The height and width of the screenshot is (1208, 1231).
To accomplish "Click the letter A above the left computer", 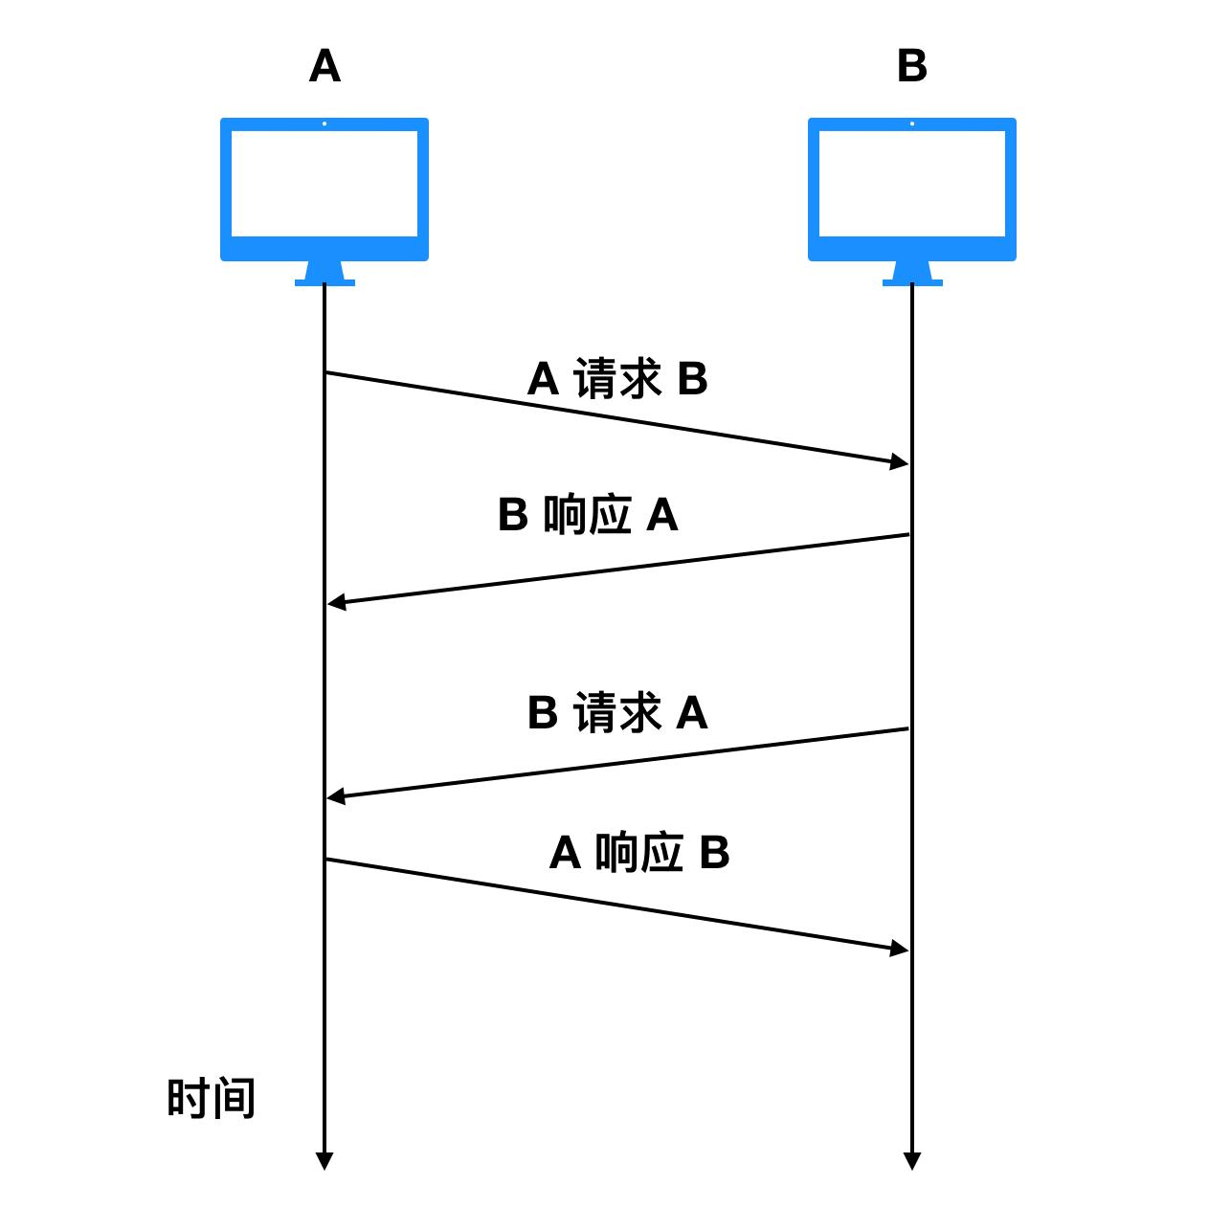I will point(325,67).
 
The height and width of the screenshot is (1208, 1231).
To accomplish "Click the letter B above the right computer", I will point(912,67).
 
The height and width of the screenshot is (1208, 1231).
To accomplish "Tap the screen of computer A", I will point(325,184).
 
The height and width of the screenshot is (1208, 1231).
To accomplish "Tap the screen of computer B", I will point(912,184).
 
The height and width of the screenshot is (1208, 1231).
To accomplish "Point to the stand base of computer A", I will point(325,281).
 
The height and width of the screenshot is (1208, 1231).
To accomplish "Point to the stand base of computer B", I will point(912,281).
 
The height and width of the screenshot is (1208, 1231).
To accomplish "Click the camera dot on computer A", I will point(325,123).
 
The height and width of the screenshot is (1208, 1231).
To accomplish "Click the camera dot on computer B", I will point(912,123).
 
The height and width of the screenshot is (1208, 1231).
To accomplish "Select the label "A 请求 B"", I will point(617,379).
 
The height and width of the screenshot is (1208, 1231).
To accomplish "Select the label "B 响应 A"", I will point(588,516).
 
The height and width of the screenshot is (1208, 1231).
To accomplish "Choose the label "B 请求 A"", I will point(617,713).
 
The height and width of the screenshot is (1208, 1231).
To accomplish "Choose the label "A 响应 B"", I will point(639,853).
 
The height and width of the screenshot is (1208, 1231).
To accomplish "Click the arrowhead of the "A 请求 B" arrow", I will point(899,462).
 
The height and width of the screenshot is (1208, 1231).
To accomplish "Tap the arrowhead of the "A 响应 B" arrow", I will point(899,949).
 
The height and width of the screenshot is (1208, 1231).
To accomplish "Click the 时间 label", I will point(212,1098).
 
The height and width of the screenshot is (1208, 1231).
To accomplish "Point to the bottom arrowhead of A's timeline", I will point(325,1160).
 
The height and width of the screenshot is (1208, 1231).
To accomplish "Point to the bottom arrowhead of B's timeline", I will point(912,1160).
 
